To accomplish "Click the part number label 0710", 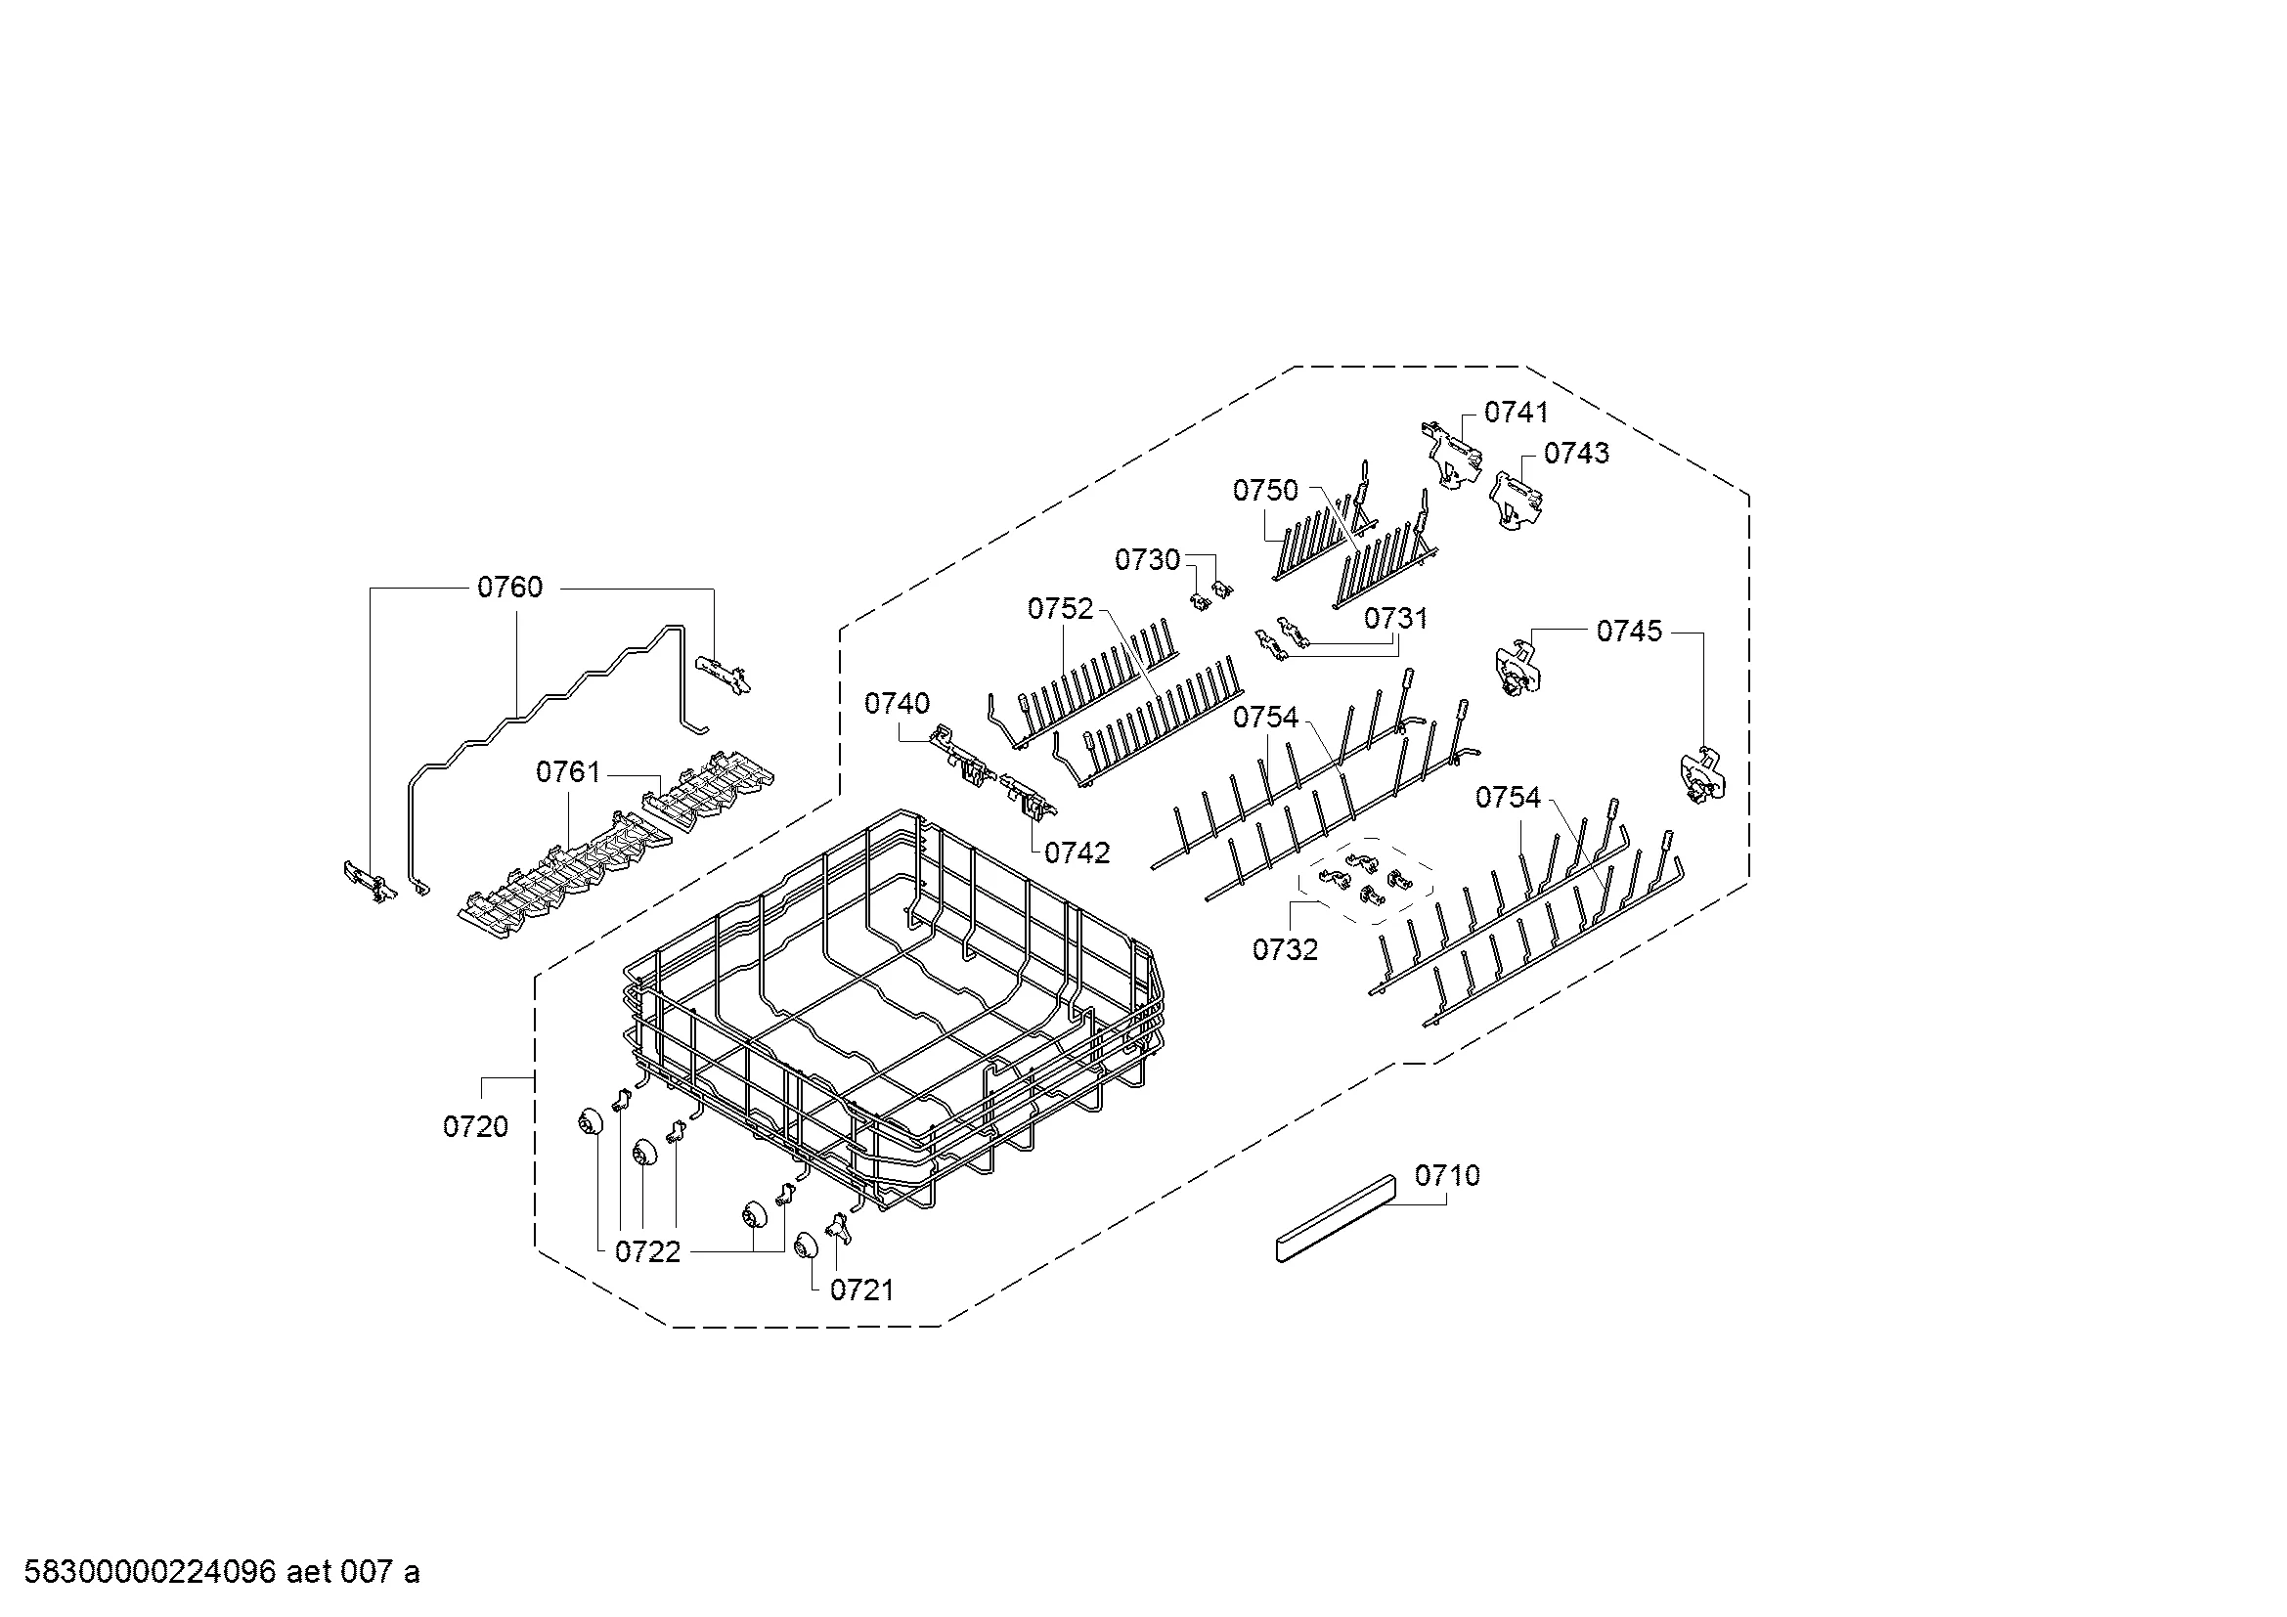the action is point(1447,1176).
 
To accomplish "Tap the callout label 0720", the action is point(475,1127).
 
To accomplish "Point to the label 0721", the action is point(861,1290).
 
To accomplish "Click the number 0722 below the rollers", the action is point(647,1252).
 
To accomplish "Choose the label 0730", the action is point(1148,560).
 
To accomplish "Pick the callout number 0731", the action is point(1395,619).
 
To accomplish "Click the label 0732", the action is point(1285,950).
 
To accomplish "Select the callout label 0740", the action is point(898,704).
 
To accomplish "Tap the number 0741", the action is point(1517,413).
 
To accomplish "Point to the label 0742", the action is point(1077,853).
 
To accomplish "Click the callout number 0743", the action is point(1577,454).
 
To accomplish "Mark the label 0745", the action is point(1630,632).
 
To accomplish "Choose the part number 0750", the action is point(1266,491).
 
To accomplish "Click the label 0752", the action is point(1061,609).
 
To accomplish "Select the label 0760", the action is point(510,588).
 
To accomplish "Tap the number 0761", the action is point(569,772).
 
